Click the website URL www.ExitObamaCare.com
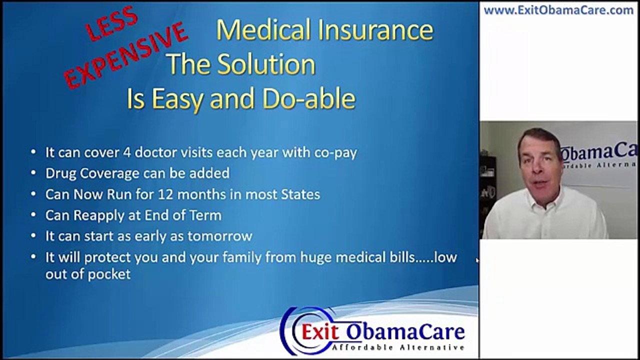pos(558,10)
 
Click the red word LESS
pos(112,24)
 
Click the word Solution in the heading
pos(265,65)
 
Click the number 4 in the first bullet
pos(127,153)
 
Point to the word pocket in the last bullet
pos(109,274)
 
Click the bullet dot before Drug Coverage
pos(33,174)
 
